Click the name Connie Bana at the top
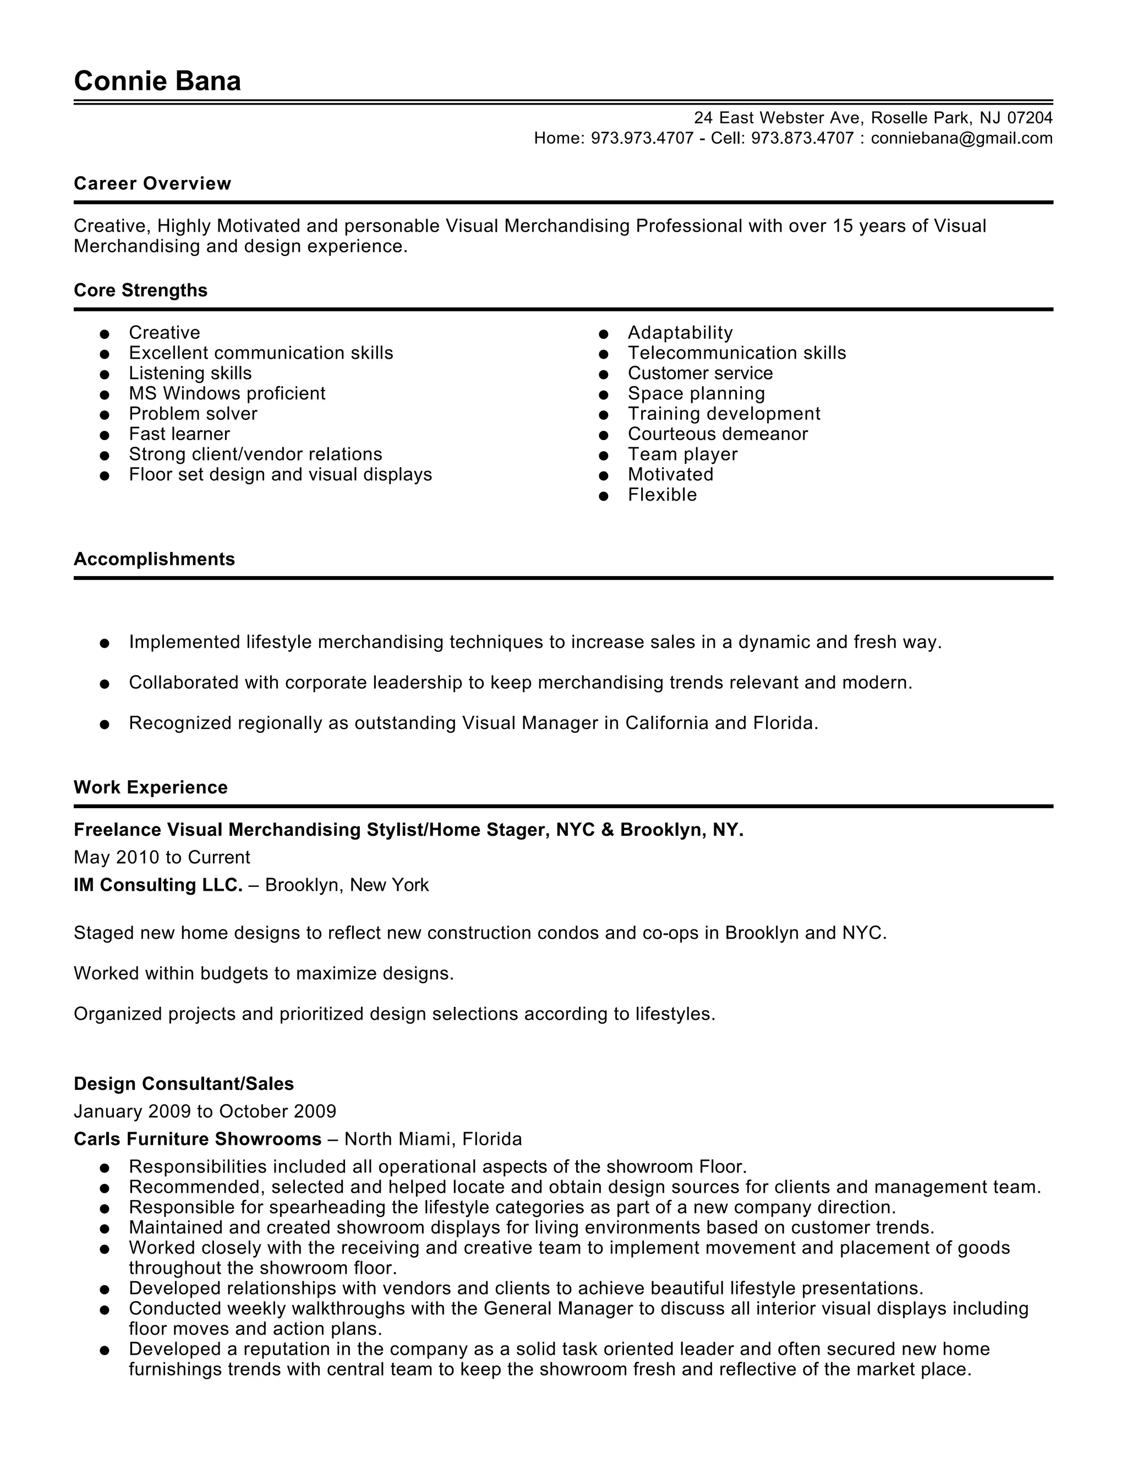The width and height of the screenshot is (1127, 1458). [157, 81]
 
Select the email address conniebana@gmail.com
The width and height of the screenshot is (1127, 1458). [961, 138]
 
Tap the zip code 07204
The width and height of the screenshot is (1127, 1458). [1030, 118]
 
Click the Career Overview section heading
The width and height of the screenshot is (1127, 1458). [152, 184]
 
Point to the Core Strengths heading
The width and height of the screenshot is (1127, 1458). [140, 290]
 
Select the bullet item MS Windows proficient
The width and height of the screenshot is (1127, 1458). [227, 393]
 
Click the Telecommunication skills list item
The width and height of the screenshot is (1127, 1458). [736, 353]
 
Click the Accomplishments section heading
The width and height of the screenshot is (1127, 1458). [154, 559]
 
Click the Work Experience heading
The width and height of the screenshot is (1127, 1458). [150, 787]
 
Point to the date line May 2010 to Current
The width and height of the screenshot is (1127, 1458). [162, 857]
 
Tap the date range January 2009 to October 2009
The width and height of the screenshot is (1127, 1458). [205, 1111]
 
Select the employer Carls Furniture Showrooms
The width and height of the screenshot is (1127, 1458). [198, 1139]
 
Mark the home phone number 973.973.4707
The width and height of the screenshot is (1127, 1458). [642, 138]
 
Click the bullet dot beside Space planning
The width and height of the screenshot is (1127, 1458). [604, 394]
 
